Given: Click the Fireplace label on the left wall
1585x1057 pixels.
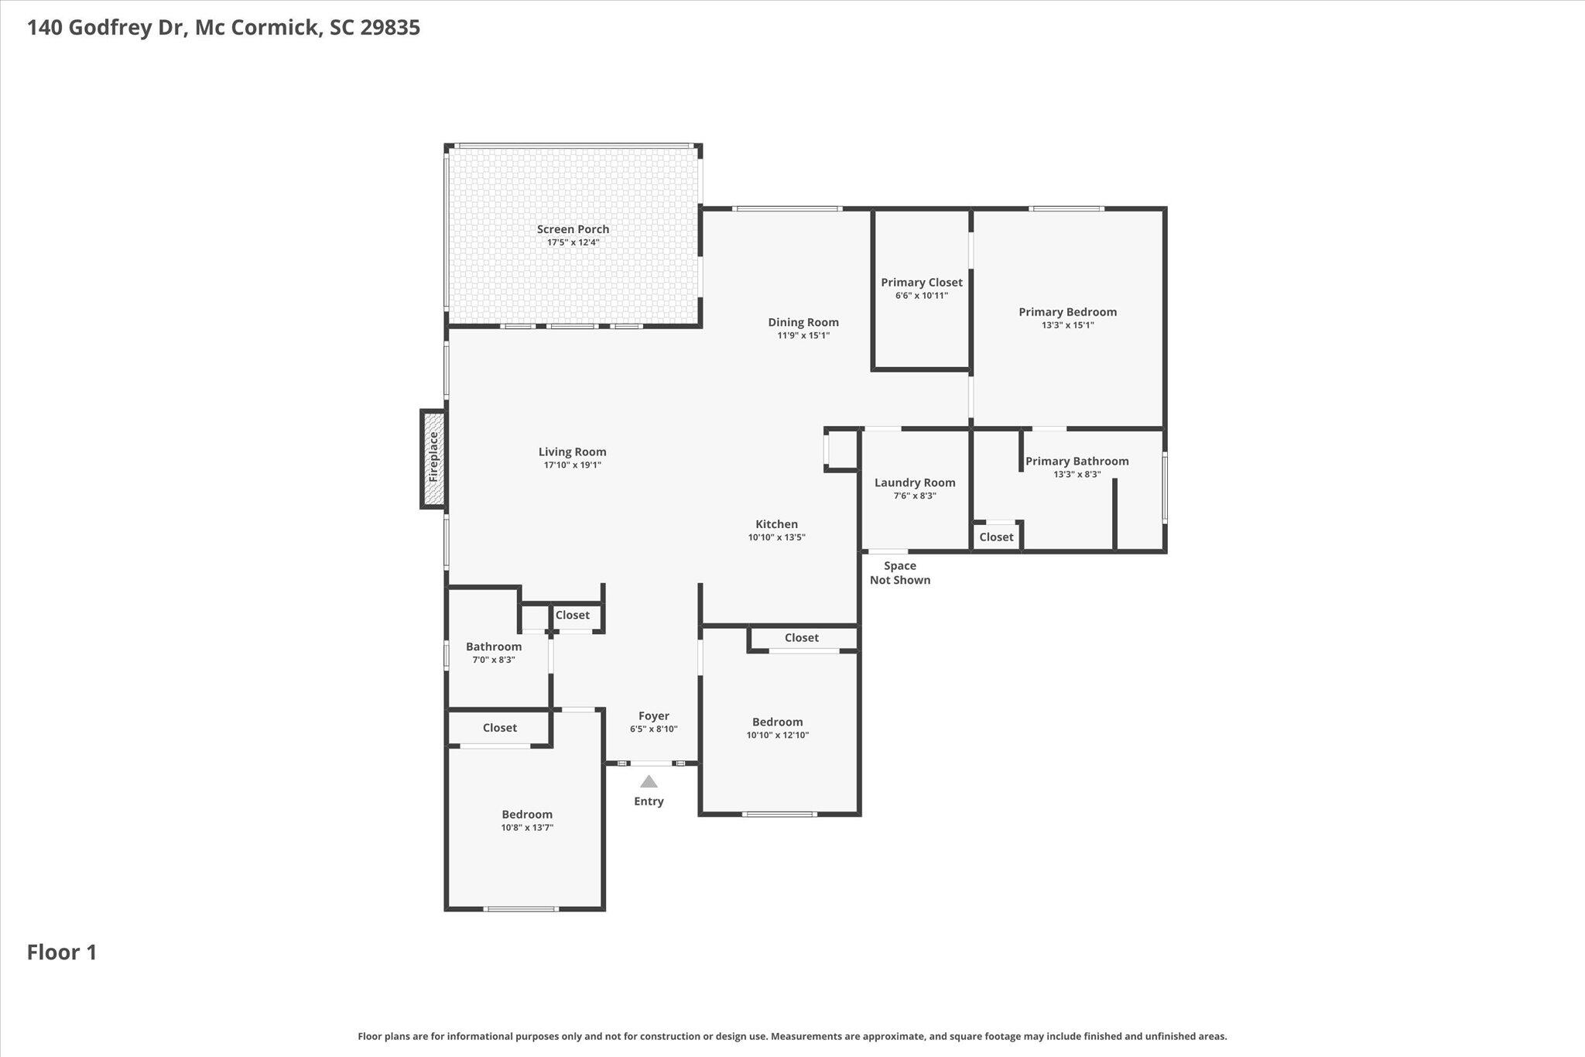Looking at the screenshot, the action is pyautogui.click(x=433, y=457).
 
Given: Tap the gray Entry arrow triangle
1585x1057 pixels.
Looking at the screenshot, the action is pyautogui.click(x=649, y=782).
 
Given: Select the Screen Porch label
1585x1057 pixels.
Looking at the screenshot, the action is pyautogui.click(x=573, y=229).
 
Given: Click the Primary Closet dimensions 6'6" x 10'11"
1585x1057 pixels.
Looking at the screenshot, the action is pyautogui.click(x=922, y=296).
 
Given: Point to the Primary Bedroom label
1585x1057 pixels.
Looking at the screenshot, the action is pyautogui.click(x=1068, y=312).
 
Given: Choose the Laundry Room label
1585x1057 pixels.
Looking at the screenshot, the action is pyautogui.click(x=915, y=482).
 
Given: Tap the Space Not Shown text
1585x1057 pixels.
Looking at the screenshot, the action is pyautogui.click(x=900, y=573).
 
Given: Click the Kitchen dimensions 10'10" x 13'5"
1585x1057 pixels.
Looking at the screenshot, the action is pyautogui.click(x=777, y=537).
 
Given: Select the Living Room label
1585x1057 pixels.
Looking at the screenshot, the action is pyautogui.click(x=573, y=452).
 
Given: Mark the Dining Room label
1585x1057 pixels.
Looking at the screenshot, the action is pyautogui.click(x=803, y=322).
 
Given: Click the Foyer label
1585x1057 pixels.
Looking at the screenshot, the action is pyautogui.click(x=654, y=716).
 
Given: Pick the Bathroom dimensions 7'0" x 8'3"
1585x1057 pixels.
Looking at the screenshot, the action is pyautogui.click(x=494, y=660).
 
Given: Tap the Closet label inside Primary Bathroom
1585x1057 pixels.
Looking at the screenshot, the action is pyautogui.click(x=996, y=537).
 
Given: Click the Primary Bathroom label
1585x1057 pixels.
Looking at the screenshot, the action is pyautogui.click(x=1077, y=462).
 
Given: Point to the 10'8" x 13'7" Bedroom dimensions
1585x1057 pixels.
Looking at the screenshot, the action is pyautogui.click(x=527, y=828).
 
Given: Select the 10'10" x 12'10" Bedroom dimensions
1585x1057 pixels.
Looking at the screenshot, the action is pyautogui.click(x=778, y=736).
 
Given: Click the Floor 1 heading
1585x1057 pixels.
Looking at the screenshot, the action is pyautogui.click(x=62, y=952).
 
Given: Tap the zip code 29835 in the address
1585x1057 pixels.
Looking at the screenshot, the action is pyautogui.click(x=390, y=28).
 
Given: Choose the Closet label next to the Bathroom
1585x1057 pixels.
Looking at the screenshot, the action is pyautogui.click(x=573, y=615).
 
